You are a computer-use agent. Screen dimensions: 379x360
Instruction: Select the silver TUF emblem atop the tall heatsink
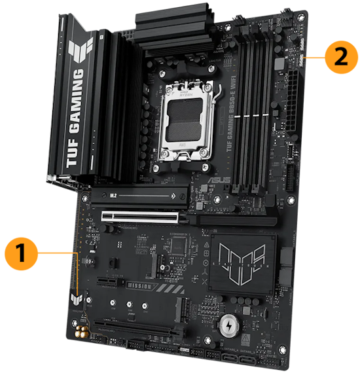(x=77, y=47)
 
